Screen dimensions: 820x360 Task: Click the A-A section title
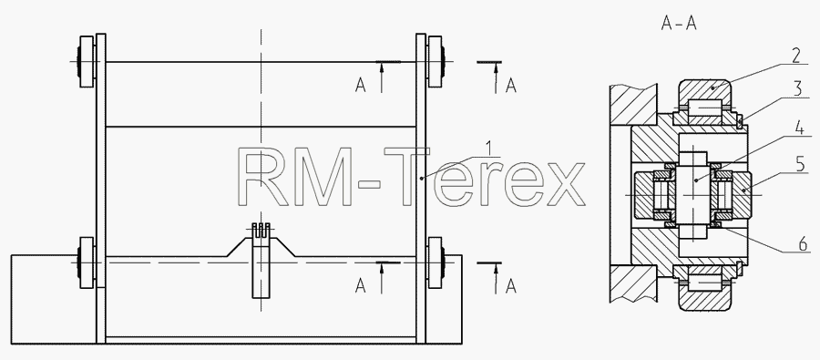coord(679,24)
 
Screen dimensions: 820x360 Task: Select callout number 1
coord(488,149)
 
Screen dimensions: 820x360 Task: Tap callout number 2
coord(795,56)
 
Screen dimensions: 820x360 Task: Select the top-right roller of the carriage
coord(436,61)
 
